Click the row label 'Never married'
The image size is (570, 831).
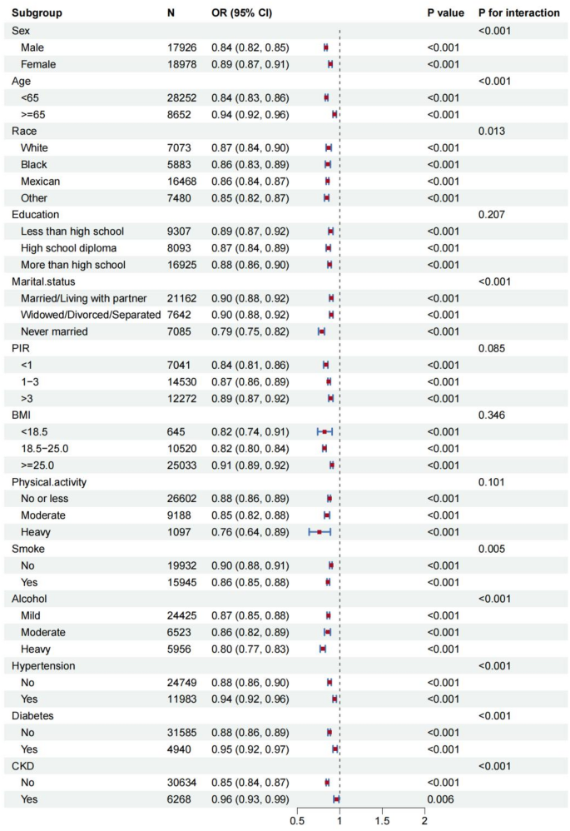(x=55, y=331)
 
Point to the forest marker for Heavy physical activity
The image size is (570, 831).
(x=319, y=531)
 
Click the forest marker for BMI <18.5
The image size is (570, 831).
(x=325, y=431)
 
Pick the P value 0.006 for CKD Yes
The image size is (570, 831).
(x=442, y=799)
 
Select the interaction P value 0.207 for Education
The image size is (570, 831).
(x=492, y=215)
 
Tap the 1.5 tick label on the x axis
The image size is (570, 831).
(x=382, y=821)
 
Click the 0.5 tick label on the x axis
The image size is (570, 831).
(x=297, y=821)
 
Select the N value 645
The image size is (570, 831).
(x=176, y=431)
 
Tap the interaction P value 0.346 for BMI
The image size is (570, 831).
(x=492, y=415)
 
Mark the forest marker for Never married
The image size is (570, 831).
(x=321, y=331)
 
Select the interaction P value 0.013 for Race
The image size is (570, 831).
(x=492, y=131)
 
